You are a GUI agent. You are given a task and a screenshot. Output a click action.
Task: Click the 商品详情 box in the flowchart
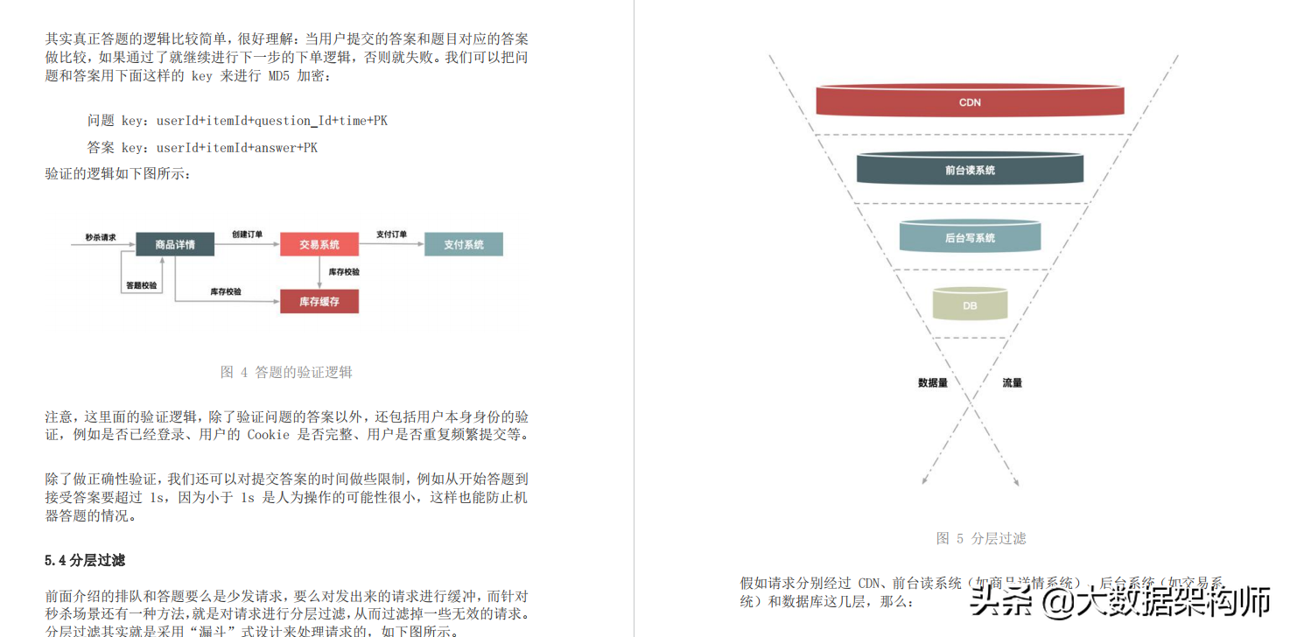click(x=175, y=244)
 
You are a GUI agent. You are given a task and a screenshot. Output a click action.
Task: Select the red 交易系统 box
click(x=319, y=244)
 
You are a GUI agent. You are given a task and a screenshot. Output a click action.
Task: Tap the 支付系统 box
click(x=463, y=244)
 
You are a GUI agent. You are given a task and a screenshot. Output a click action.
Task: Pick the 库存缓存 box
click(x=319, y=302)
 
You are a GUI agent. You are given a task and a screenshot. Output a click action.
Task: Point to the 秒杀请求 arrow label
click(x=101, y=237)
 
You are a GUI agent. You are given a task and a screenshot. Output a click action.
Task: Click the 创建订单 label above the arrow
click(x=247, y=234)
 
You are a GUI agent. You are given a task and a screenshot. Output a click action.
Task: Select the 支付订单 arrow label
click(x=391, y=234)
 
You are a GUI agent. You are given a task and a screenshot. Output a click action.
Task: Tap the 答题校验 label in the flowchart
click(x=141, y=285)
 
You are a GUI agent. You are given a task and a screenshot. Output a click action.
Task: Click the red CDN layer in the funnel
click(x=970, y=101)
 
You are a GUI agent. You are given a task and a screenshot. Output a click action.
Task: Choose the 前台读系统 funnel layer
click(x=970, y=169)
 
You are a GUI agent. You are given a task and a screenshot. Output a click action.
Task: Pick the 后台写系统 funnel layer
click(x=970, y=237)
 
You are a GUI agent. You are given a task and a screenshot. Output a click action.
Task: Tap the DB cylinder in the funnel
click(x=970, y=304)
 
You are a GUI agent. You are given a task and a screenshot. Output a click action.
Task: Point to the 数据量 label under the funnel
click(x=933, y=382)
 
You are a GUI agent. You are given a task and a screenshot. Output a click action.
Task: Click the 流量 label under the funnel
click(x=1012, y=382)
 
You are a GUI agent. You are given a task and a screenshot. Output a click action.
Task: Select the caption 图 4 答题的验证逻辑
click(x=286, y=372)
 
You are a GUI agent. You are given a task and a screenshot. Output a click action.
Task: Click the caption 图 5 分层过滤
click(x=980, y=538)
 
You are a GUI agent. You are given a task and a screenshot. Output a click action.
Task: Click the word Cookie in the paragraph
click(x=268, y=434)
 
